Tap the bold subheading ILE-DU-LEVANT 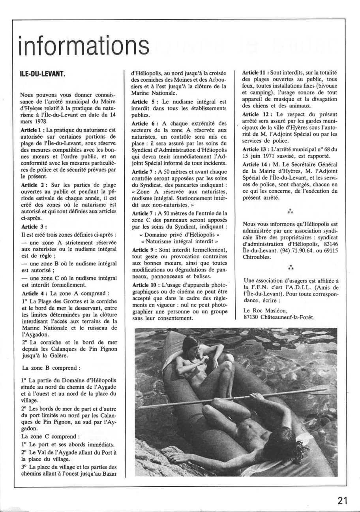(42, 74)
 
